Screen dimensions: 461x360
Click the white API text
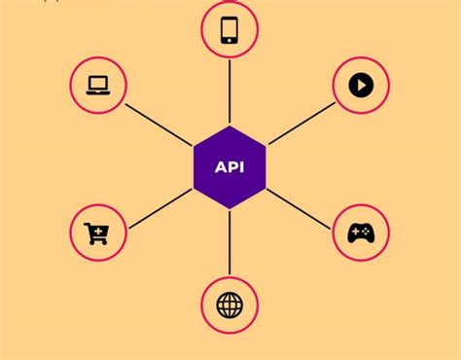point(230,166)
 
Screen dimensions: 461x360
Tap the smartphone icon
point(230,29)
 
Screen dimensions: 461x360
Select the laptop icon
point(98,85)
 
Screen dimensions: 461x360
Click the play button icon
point(361,86)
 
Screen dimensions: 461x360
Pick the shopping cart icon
point(97,234)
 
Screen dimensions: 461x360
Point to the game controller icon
point(361,234)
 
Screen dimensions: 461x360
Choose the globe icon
point(230,305)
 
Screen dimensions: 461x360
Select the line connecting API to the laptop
point(160,122)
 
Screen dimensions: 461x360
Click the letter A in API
point(221,166)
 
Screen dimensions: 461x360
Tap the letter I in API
point(241,166)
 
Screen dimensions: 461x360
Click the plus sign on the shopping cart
point(99,230)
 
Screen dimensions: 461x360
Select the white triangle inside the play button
point(362,86)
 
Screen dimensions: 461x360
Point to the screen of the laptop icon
point(98,83)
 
